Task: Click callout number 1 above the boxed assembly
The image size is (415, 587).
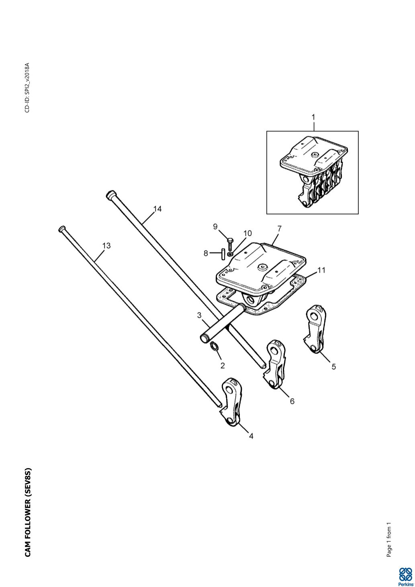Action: pyautogui.click(x=313, y=117)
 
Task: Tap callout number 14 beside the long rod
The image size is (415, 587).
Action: pyautogui.click(x=157, y=209)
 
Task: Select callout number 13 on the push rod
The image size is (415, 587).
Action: pyautogui.click(x=106, y=246)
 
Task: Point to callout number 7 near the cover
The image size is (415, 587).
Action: pyautogui.click(x=279, y=229)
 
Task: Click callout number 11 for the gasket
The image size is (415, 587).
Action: pyautogui.click(x=321, y=270)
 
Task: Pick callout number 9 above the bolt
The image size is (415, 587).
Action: pyautogui.click(x=215, y=227)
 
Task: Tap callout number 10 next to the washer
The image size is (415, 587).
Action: pyautogui.click(x=247, y=233)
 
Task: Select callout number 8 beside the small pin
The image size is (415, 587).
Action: pyautogui.click(x=206, y=253)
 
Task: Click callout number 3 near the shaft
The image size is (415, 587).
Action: pyautogui.click(x=199, y=315)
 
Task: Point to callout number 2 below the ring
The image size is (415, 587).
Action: pyautogui.click(x=223, y=365)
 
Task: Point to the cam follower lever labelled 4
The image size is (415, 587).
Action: pyautogui.click(x=232, y=403)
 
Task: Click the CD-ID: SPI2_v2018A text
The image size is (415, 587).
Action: pyautogui.click(x=27, y=88)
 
